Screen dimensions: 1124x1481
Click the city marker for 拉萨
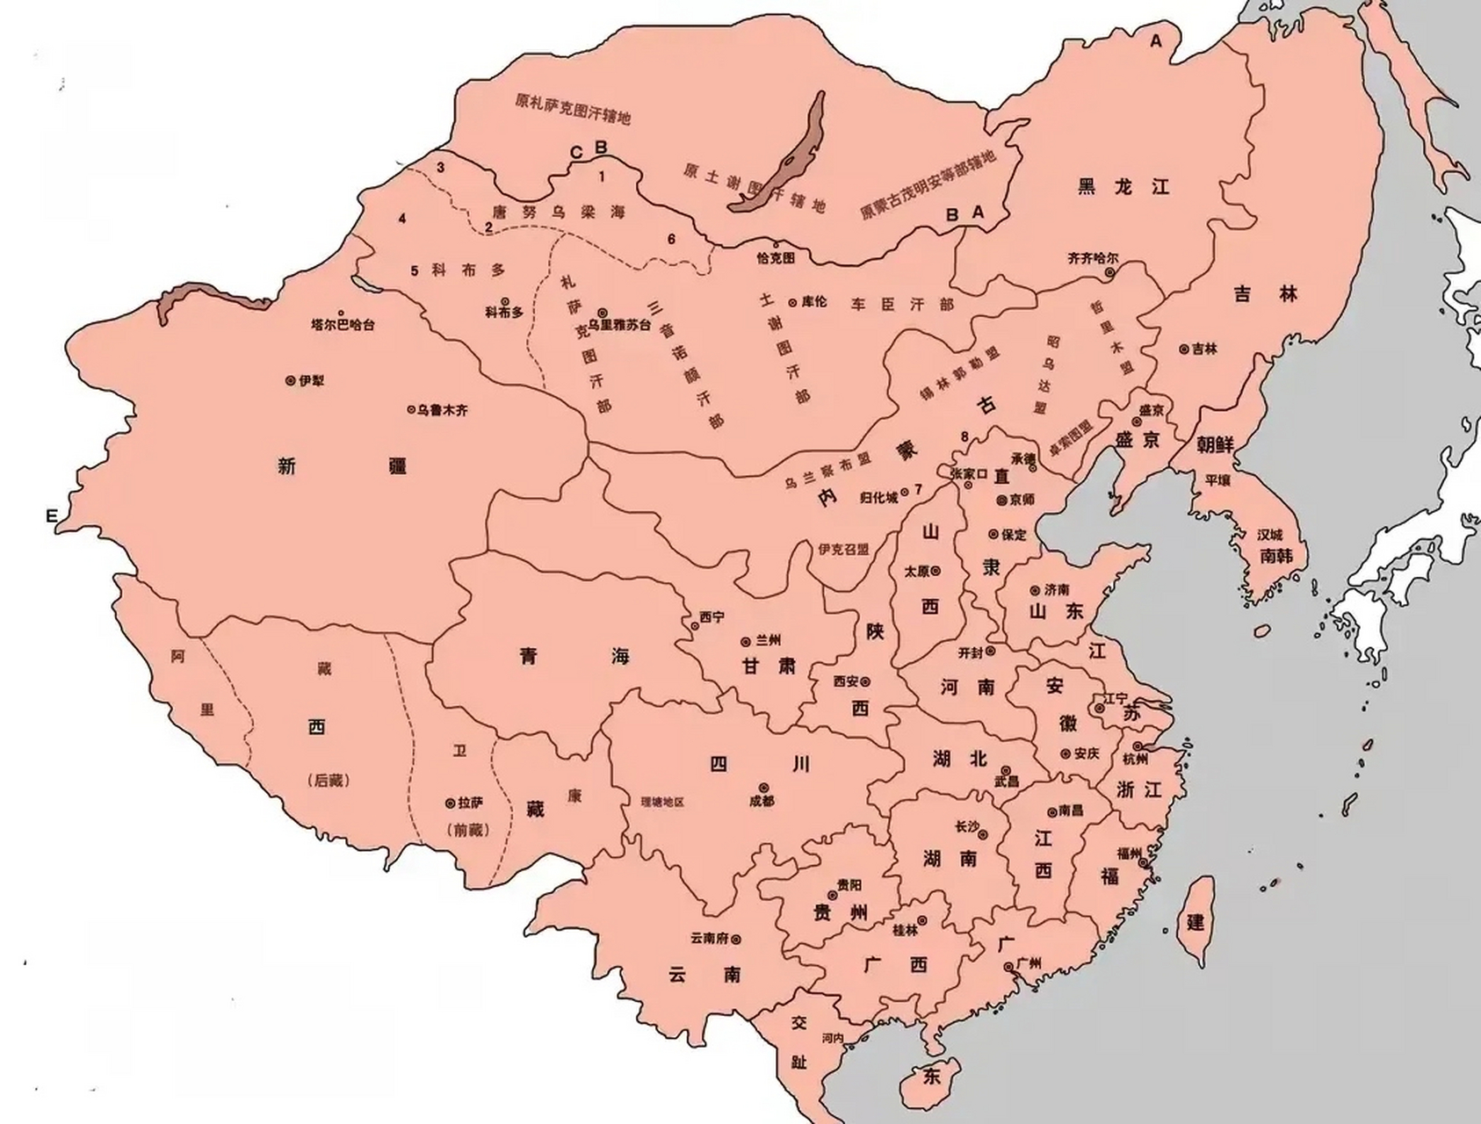[x=451, y=803]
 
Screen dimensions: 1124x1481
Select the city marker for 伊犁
[x=291, y=381]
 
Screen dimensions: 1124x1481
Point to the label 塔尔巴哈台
[x=343, y=325]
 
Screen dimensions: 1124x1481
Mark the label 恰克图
[x=775, y=258]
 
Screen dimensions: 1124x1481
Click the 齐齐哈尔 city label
[x=1093, y=259]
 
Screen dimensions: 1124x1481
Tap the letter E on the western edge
[x=52, y=516]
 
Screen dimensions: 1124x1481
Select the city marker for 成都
[x=764, y=787]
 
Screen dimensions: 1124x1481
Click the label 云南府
[x=709, y=939]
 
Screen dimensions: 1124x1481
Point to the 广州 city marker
[x=1008, y=967]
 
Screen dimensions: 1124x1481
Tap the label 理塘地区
[x=662, y=803]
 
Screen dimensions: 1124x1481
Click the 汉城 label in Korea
[x=1269, y=534]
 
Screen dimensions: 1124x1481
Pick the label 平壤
[x=1218, y=481]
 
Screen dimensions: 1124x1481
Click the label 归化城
[x=878, y=498]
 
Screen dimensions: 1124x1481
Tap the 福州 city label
[x=1129, y=853]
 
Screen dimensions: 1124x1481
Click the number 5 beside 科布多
[x=415, y=270]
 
